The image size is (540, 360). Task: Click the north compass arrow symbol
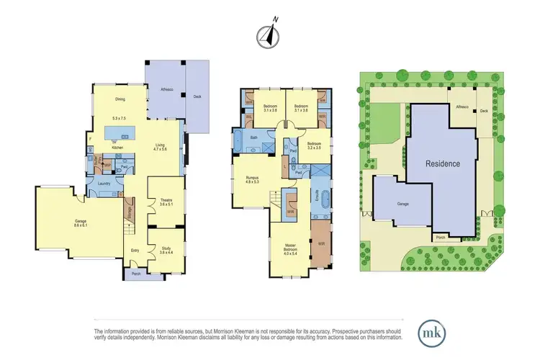(269, 35)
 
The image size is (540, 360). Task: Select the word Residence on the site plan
(442, 163)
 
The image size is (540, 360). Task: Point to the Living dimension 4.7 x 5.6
(161, 150)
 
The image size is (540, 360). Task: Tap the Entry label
(135, 251)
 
